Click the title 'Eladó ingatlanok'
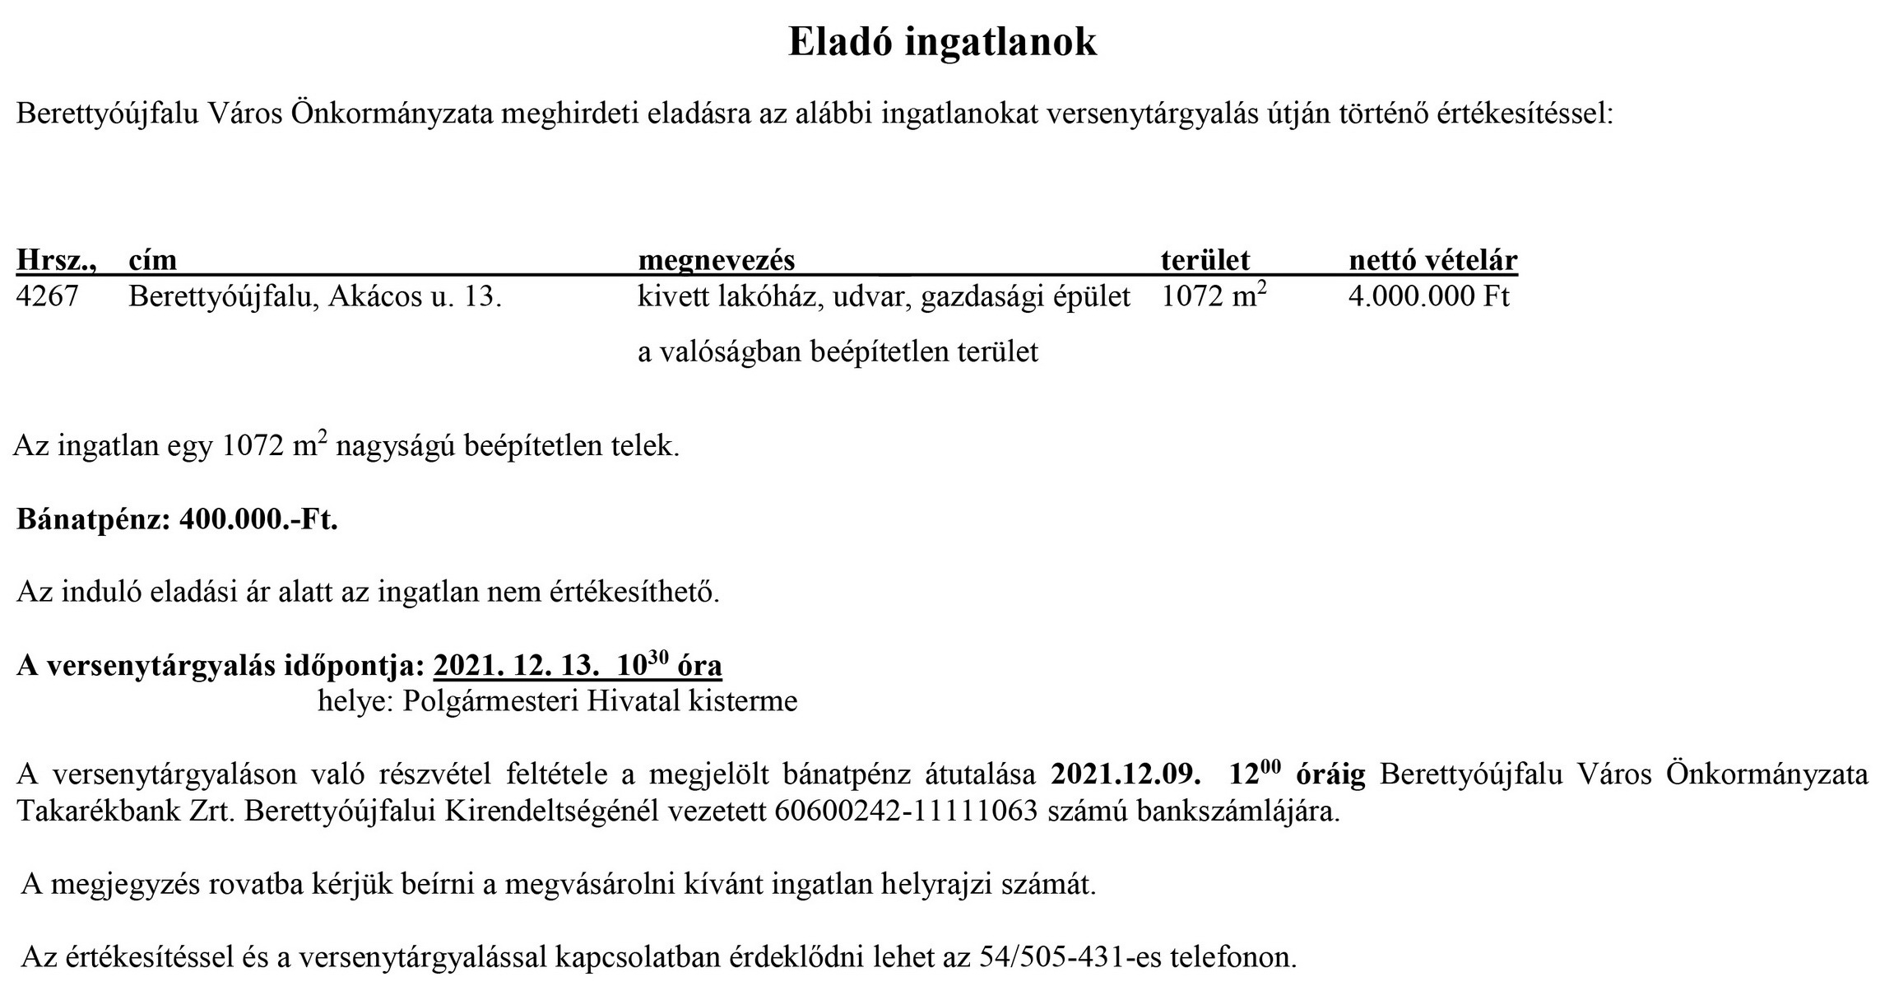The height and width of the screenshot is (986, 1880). pyautogui.click(x=942, y=42)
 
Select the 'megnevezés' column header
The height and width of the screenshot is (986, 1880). pyautogui.click(x=717, y=260)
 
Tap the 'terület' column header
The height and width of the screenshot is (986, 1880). pyautogui.click(x=1205, y=260)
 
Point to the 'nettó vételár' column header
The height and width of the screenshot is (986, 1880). pyautogui.click(x=1432, y=260)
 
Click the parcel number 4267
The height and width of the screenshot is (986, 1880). pyautogui.click(x=48, y=296)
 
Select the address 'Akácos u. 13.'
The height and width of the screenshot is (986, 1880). pyautogui.click(x=415, y=296)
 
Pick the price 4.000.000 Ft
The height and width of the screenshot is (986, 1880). pyautogui.click(x=1428, y=296)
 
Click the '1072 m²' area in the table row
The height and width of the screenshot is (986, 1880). pyautogui.click(x=1213, y=296)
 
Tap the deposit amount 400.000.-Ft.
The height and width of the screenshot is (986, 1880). pyautogui.click(x=258, y=520)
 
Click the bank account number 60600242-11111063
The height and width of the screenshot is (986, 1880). pyautogui.click(x=906, y=812)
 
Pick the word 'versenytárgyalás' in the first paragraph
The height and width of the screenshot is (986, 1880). pyautogui.click(x=1149, y=114)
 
